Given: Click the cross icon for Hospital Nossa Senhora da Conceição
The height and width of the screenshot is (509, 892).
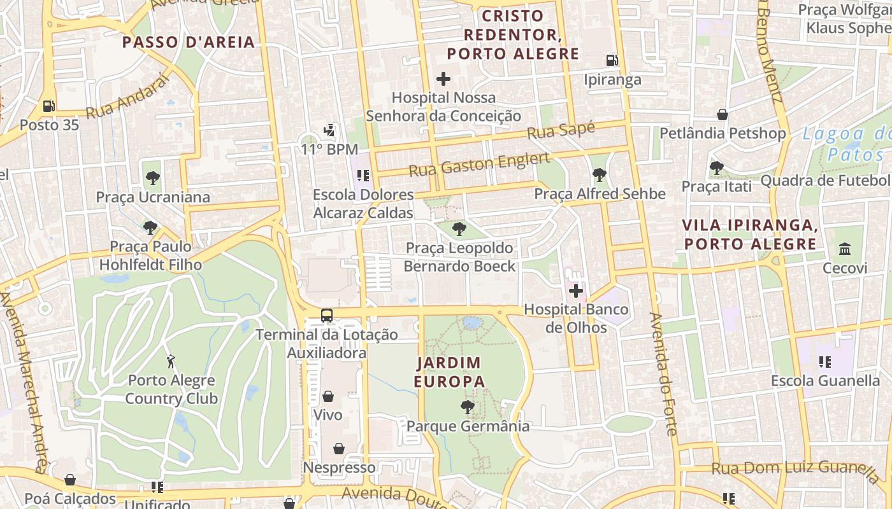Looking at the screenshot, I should [443, 79].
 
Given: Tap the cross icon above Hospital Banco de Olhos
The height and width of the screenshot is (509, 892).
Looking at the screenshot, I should [576, 291].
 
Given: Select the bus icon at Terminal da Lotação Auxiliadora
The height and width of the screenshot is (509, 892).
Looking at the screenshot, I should [327, 315].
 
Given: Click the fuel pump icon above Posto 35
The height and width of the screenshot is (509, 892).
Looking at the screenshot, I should [49, 106].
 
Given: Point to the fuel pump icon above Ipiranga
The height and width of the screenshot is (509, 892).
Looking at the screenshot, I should [612, 60].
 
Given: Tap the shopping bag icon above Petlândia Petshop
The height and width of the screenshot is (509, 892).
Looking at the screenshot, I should [723, 115].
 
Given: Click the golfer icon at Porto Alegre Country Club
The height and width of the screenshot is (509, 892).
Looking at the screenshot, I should [171, 362].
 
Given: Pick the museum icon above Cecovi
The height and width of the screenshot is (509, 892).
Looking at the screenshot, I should [845, 249].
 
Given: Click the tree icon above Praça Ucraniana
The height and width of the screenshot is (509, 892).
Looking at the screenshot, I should [152, 178].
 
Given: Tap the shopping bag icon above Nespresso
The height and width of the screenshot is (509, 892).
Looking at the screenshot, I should [339, 449].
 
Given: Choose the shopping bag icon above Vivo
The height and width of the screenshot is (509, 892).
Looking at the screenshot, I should [328, 396].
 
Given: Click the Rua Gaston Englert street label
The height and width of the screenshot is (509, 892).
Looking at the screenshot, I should [479, 165].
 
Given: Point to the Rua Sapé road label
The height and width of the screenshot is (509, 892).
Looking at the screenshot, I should [561, 130].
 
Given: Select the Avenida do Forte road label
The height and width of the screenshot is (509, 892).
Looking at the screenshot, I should [663, 373].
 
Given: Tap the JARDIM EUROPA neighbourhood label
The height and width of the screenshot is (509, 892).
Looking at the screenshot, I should [449, 372].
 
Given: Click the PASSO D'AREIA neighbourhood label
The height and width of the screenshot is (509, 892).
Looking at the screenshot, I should [189, 43].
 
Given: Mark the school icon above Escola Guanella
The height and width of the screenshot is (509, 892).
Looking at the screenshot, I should [825, 362].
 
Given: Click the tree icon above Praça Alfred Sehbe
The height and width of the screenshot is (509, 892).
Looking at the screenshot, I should [599, 175].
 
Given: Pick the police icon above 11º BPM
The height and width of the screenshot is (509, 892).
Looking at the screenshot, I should [329, 131].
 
